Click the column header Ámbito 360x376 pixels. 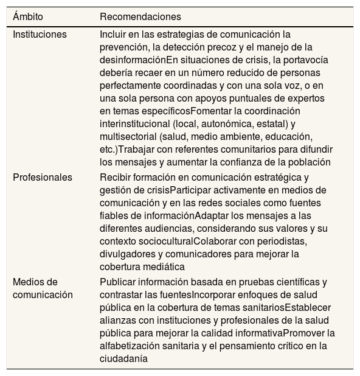tap(30, 16)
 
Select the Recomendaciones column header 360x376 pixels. tap(140, 16)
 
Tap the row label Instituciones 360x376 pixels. tap(40, 34)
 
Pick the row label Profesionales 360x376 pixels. tap(43, 178)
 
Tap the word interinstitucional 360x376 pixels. tap(134, 124)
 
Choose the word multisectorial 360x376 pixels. tap(127, 136)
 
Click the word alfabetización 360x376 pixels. tap(130, 346)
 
